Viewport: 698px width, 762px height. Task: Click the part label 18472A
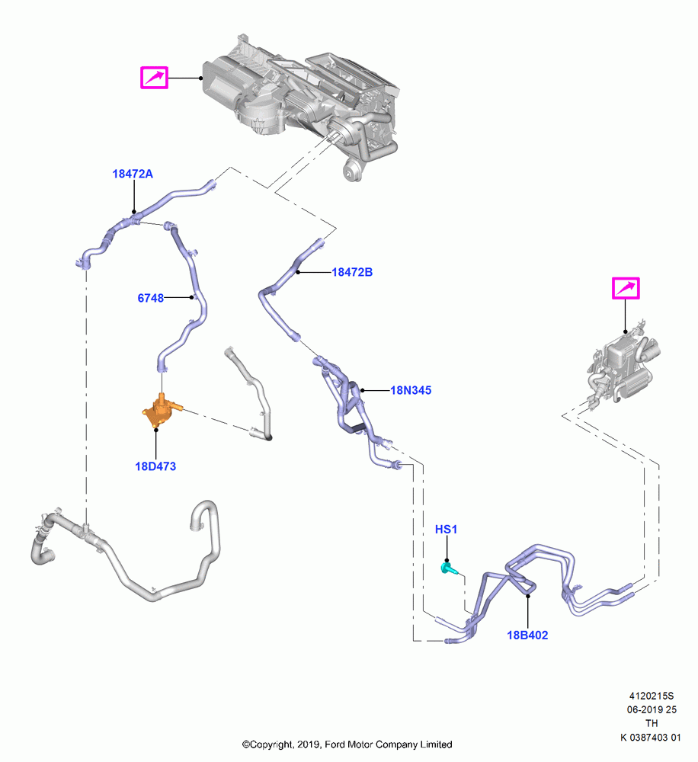[133, 174]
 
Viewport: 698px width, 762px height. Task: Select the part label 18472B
[352, 272]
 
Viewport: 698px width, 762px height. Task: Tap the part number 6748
[151, 298]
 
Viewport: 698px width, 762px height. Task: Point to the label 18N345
[411, 390]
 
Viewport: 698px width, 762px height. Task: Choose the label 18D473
[155, 466]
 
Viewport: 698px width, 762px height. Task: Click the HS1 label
[447, 530]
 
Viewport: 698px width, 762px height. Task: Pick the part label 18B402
[527, 636]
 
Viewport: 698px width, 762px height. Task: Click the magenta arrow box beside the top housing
[154, 78]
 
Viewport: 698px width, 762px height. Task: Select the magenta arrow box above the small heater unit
[626, 289]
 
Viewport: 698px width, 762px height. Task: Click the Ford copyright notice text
[347, 744]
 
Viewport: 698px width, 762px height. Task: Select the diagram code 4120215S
[652, 696]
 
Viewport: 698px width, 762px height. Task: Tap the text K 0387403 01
[650, 738]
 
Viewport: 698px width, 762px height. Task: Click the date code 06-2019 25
[652, 710]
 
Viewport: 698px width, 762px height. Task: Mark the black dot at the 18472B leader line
[298, 272]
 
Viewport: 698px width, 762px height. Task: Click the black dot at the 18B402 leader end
[528, 594]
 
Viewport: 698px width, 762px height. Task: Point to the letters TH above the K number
[652, 724]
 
